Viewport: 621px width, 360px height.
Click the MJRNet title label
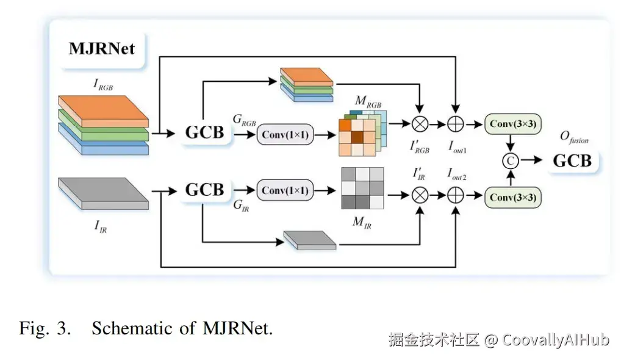102,48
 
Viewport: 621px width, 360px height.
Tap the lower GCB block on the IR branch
204,190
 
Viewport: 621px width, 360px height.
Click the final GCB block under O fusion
572,160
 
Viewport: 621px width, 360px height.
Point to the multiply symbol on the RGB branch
420,124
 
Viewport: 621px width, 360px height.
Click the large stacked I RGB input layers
103,124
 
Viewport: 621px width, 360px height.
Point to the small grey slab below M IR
310,240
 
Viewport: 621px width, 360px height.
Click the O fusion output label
576,137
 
